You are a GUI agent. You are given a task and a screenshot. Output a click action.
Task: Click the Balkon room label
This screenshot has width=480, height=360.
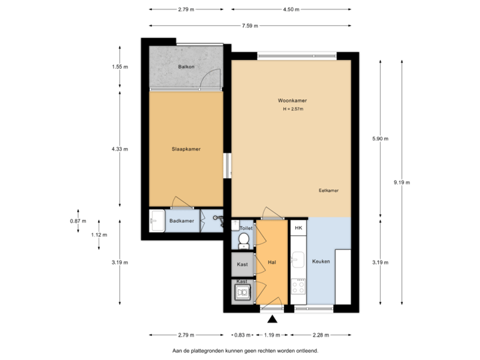point(185,67)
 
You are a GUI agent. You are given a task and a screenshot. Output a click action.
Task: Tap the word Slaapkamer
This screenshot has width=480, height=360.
point(186,149)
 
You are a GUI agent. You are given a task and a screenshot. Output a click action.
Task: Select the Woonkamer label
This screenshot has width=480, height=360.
point(292,101)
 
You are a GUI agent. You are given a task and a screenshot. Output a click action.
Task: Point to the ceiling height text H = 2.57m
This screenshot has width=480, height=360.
point(292,109)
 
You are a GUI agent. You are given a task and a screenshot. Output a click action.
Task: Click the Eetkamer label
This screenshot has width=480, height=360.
point(329,190)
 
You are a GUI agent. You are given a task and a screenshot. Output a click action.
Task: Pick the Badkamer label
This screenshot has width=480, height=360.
point(181,221)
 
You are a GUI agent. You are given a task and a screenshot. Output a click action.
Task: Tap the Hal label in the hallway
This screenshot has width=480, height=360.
point(271,263)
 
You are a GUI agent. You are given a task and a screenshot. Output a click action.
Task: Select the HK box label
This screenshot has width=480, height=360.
point(298,228)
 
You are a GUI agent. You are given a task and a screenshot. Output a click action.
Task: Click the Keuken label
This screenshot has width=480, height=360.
point(321,261)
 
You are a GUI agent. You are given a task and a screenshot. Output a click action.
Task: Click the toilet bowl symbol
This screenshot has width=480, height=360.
point(244,239)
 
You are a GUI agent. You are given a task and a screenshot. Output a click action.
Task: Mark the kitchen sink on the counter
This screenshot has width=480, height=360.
point(299,260)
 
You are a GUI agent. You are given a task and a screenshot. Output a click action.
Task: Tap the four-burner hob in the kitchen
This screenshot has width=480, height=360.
point(299,287)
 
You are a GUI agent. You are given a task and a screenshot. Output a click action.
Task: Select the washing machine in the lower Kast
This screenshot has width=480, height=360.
point(243,291)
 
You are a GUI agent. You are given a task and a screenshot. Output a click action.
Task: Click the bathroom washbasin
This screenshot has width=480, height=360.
point(157,220)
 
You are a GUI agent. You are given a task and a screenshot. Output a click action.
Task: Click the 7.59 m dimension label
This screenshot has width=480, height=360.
point(250,26)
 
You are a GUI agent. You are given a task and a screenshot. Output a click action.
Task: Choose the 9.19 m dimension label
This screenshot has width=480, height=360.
point(403,182)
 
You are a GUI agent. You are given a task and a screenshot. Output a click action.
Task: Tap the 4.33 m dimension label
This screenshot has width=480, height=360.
point(120,149)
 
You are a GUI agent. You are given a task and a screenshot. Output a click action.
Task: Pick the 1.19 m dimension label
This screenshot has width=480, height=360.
point(272,335)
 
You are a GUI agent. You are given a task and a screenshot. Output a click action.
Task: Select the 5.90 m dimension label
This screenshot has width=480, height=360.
point(380,139)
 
